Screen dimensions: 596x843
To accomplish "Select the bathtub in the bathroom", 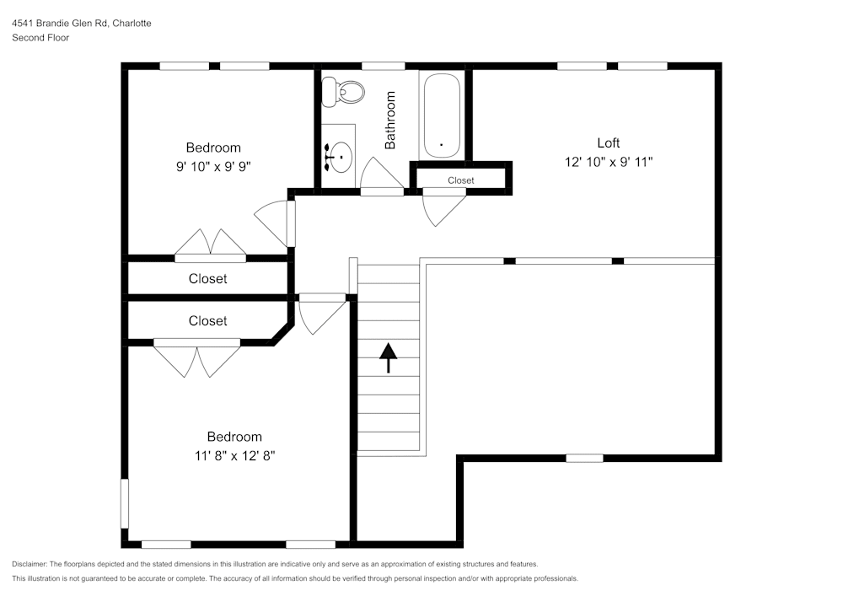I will coord(441,116).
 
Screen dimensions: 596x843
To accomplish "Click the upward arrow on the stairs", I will coord(388,357).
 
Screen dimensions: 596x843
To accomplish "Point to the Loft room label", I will coord(609,142).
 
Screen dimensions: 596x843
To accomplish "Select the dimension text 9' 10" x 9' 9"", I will coord(213,166).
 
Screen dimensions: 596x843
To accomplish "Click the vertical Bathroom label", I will coord(390,121).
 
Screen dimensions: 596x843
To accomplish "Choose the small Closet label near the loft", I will coord(460,180).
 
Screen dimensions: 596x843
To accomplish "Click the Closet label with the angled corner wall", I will coord(207,321).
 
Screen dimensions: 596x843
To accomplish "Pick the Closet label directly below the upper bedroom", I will coord(207,279).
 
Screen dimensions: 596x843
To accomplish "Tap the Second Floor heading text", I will coord(40,38).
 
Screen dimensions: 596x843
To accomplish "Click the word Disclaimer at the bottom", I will coord(30,564).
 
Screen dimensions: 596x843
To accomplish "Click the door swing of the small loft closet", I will coord(443,208).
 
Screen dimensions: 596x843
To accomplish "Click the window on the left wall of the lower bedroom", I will coord(125,504).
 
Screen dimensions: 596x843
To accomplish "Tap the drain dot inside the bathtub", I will coord(441,144).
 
